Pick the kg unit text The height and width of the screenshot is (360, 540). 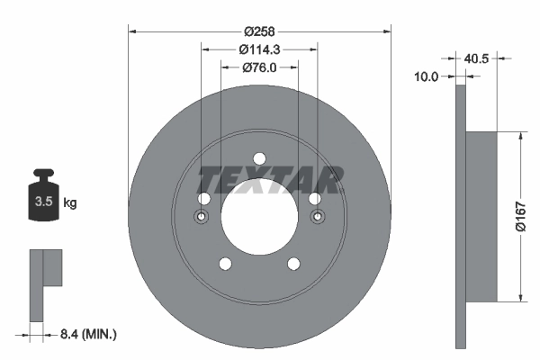point(70,203)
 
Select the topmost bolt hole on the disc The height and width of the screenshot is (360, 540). point(259,158)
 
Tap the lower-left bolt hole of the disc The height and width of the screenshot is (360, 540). point(225,263)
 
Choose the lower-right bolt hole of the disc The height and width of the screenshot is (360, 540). point(293,263)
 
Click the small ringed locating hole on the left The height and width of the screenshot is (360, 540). point(202,217)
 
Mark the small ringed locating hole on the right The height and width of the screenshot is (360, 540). point(317,217)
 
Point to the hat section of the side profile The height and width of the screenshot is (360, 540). point(483,217)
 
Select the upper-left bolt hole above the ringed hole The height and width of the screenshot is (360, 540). point(204,199)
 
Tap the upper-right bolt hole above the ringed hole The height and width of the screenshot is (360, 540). point(314,199)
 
